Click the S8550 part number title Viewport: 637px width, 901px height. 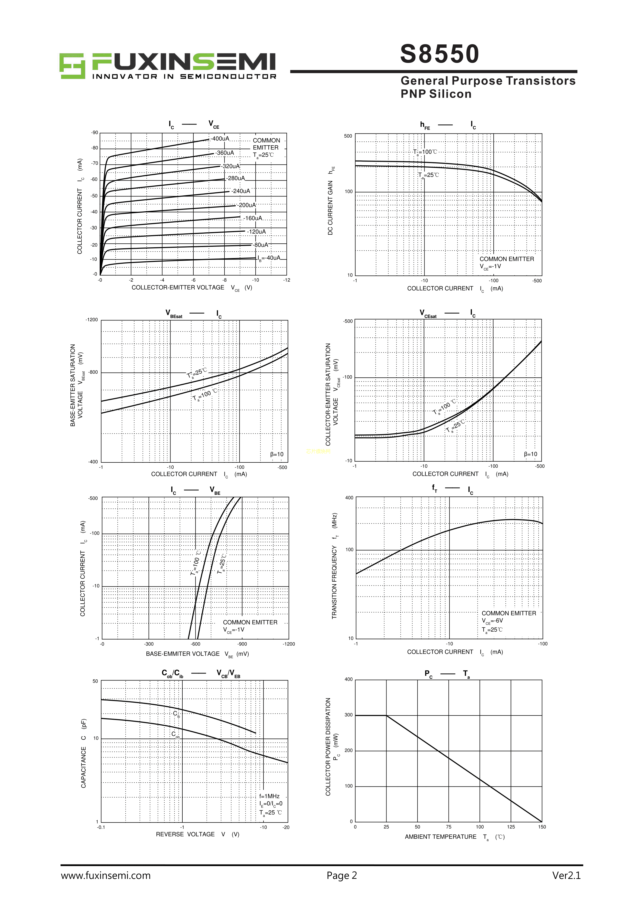click(x=439, y=54)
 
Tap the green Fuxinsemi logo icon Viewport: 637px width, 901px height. click(x=72, y=66)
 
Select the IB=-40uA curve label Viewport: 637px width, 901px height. click(x=269, y=258)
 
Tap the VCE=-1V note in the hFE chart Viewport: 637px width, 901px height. click(x=490, y=267)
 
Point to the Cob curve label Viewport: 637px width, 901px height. click(x=175, y=734)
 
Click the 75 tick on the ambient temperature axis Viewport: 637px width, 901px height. click(x=449, y=827)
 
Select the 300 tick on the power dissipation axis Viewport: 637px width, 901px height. click(x=349, y=715)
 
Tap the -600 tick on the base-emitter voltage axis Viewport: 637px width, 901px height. click(x=195, y=644)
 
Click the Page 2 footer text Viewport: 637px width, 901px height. click(x=341, y=876)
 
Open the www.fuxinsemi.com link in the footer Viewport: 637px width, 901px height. click(x=106, y=876)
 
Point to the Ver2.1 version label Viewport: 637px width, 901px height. click(x=566, y=876)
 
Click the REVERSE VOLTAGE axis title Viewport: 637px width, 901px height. click(x=185, y=834)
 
